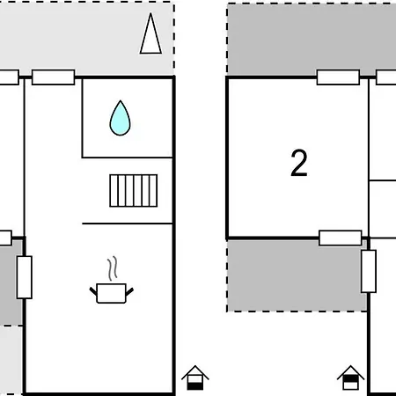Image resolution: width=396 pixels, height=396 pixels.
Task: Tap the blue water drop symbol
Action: [119, 118]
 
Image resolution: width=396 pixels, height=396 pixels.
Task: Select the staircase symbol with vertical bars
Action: [134, 189]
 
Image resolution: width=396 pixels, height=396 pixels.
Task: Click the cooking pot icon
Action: [111, 292]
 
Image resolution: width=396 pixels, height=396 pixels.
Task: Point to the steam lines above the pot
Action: [111, 268]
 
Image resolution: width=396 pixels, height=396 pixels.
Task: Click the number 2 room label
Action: [299, 164]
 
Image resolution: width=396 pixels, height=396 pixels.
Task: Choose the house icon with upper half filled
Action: [195, 378]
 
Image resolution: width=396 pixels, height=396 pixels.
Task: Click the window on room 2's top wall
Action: [338, 77]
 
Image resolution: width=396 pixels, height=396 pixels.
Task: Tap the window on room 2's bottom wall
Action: [340, 238]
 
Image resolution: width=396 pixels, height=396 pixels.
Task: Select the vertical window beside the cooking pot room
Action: [25, 277]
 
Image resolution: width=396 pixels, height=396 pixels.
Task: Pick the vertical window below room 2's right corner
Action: [368, 270]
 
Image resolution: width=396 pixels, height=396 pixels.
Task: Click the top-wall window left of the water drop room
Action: [53, 77]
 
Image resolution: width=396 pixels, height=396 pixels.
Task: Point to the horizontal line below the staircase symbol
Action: [127, 224]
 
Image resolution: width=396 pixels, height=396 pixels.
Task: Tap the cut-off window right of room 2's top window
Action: [386, 77]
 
